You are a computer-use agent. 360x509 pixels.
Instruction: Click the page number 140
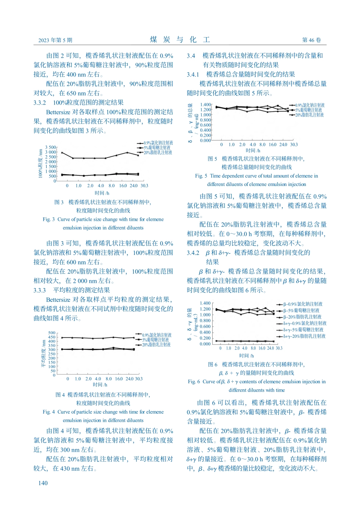coord(43,482)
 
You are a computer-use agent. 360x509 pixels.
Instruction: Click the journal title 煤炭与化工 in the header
coord(180,40)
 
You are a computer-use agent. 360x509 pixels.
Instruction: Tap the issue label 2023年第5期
coord(55,40)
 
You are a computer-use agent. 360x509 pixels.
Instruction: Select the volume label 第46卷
coord(311,40)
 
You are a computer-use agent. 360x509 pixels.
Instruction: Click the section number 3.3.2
coord(40,103)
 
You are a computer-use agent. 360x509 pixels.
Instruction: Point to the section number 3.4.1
coord(193,75)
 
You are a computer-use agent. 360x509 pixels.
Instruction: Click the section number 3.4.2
coord(193,253)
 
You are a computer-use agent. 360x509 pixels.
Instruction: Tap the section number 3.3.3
coord(40,290)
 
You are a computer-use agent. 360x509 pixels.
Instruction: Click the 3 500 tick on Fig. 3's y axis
coord(50,147)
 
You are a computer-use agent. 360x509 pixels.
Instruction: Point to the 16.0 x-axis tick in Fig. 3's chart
coord(123,186)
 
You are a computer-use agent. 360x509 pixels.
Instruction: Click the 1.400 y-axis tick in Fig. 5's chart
coord(205,105)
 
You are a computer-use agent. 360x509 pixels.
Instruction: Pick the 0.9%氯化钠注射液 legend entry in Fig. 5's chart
coord(310,105)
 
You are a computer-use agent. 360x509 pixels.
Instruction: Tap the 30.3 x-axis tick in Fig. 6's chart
coord(279,348)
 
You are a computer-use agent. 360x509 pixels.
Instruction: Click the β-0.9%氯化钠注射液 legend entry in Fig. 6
coord(303,304)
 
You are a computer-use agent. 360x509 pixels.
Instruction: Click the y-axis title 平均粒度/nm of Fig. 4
coord(43,354)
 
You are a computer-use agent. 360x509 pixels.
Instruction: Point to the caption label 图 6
coord(213,364)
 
